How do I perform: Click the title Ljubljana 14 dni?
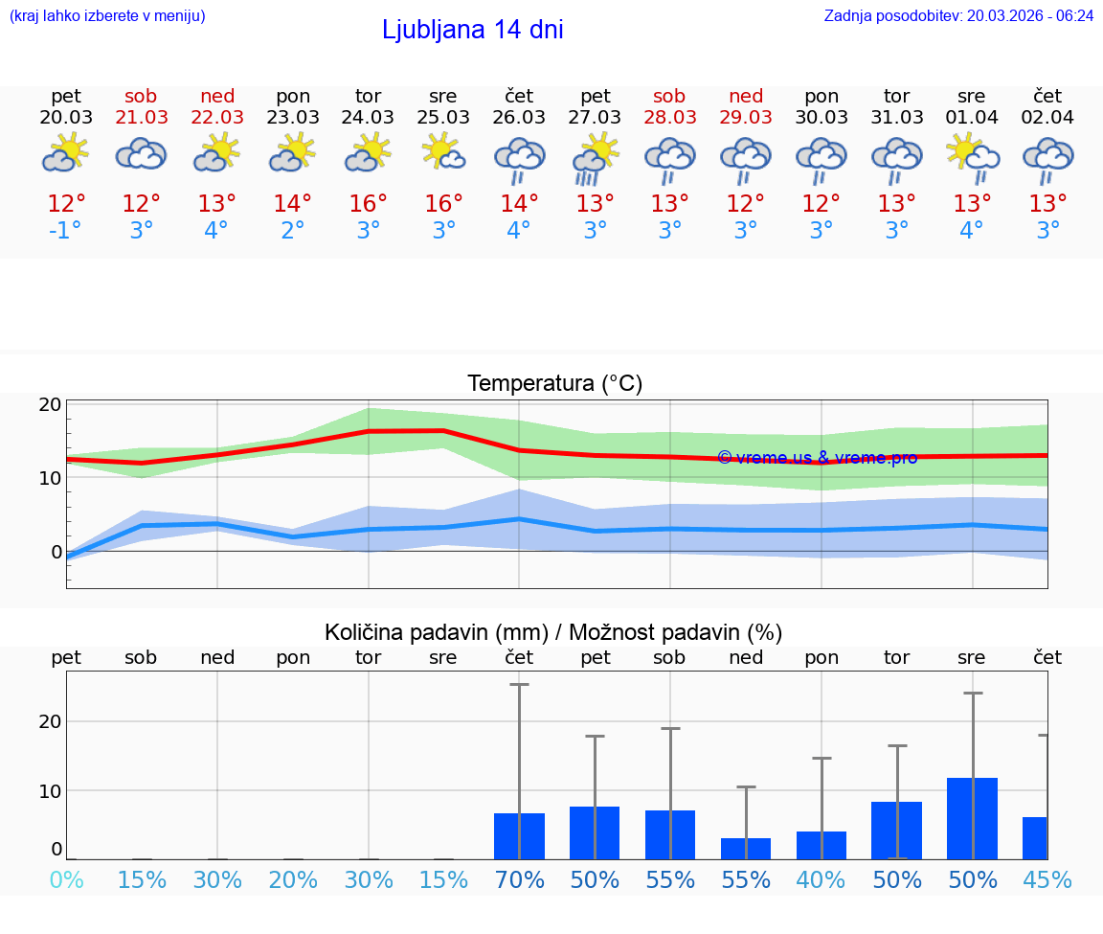click(472, 30)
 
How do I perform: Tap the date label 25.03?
click(443, 117)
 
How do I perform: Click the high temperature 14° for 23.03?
click(292, 204)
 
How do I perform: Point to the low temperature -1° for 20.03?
click(66, 231)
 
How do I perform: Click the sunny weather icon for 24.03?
click(368, 153)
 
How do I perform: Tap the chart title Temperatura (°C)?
click(554, 384)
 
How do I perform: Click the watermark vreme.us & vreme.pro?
click(817, 458)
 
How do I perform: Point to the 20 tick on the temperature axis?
click(51, 404)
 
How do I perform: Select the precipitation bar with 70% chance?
click(519, 835)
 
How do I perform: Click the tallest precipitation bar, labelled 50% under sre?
click(972, 818)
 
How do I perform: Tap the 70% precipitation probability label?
click(519, 879)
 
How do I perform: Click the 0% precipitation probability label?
click(66, 879)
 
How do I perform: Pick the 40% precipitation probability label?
click(822, 879)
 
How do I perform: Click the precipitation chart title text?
click(553, 632)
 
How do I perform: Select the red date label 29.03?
click(746, 117)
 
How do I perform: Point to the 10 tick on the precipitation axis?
click(51, 790)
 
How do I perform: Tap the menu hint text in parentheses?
click(107, 15)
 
